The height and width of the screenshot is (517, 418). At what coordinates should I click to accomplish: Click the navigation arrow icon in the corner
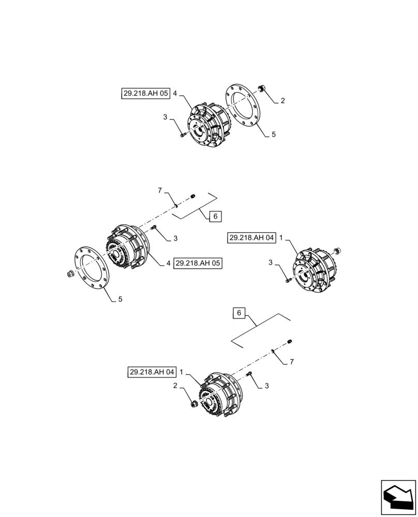coord(398,497)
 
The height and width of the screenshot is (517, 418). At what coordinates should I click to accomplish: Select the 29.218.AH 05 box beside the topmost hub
coord(145,94)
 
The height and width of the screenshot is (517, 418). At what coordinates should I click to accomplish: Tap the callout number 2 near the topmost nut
coord(282,101)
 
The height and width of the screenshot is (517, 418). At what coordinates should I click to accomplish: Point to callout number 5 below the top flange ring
coord(274,134)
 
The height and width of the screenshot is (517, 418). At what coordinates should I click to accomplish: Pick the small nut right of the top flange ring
coord(262,89)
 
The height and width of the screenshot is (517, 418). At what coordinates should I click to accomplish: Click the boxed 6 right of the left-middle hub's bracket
coord(215,217)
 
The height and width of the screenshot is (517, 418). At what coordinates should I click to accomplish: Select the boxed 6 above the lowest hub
coord(238,313)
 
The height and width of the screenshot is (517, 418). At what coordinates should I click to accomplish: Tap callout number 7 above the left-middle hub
coord(160,191)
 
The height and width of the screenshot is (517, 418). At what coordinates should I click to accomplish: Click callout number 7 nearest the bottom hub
coord(291,362)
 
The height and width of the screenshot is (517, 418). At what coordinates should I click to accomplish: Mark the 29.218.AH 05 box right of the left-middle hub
coord(198,263)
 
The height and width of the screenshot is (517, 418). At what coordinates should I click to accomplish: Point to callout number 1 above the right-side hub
coord(281,238)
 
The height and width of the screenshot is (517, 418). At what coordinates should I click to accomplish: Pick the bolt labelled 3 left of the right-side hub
coord(287,281)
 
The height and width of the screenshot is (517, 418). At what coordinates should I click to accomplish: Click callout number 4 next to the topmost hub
coord(175,94)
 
